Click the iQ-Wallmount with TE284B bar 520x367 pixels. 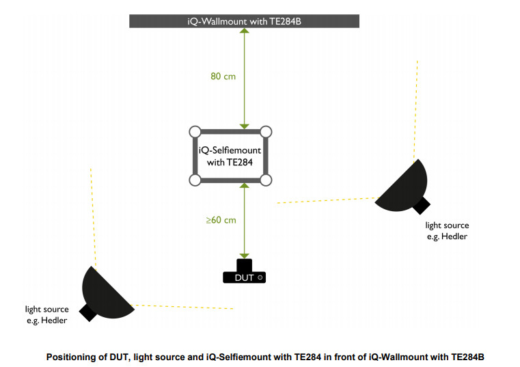pyautogui.click(x=244, y=21)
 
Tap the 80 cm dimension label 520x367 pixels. pyautogui.click(x=223, y=77)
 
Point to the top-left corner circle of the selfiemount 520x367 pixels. pyautogui.click(x=194, y=131)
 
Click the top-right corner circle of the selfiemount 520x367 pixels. pyautogui.click(x=266, y=131)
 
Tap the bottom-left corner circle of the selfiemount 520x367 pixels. pyautogui.click(x=194, y=180)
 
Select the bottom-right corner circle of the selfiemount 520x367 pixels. pyautogui.click(x=266, y=180)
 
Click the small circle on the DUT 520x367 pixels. pyautogui.click(x=260, y=278)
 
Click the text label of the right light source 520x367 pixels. pyautogui.click(x=447, y=230)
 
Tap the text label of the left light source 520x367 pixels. pyautogui.click(x=47, y=314)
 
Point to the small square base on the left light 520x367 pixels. pyautogui.click(x=87, y=312)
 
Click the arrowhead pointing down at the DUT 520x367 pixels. pyautogui.click(x=244, y=254)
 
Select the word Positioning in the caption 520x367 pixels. pyautogui.click(x=69, y=357)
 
